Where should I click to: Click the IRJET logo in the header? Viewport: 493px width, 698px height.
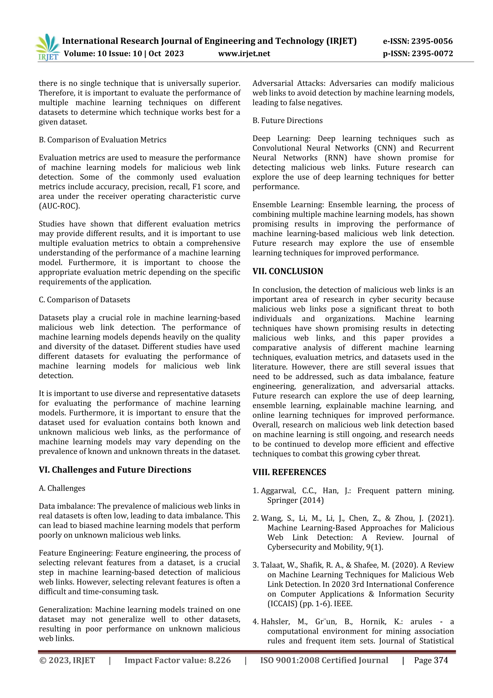click(48, 47)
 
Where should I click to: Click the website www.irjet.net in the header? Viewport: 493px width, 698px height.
click(244, 54)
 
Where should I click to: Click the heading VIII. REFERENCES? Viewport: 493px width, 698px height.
click(289, 472)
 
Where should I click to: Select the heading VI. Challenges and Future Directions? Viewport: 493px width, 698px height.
click(115, 470)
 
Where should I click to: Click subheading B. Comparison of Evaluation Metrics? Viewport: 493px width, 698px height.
click(103, 140)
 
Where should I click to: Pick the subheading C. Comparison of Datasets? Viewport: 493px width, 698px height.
click(84, 300)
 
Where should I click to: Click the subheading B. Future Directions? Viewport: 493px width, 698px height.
click(287, 121)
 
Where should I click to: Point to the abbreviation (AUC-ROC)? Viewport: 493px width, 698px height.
click(59, 206)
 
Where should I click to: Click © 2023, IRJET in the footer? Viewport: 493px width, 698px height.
click(67, 660)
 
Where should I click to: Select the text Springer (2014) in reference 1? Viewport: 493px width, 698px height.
click(295, 500)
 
